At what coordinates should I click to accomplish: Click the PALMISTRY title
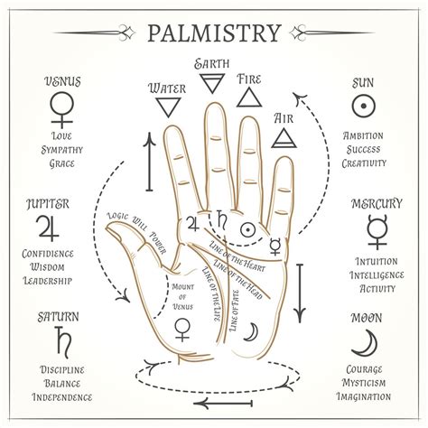point(214,33)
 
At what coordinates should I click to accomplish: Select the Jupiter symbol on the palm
point(193,223)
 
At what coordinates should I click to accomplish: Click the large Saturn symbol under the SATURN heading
point(63,342)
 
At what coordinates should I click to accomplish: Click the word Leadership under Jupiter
point(48,281)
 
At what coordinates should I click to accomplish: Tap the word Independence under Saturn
point(62,397)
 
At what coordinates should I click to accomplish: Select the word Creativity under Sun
point(364,163)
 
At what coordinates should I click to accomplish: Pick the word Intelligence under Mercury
point(377,275)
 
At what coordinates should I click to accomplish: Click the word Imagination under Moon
point(364,396)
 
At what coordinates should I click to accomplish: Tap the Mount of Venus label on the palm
point(182,297)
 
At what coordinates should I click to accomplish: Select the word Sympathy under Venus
point(62,150)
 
